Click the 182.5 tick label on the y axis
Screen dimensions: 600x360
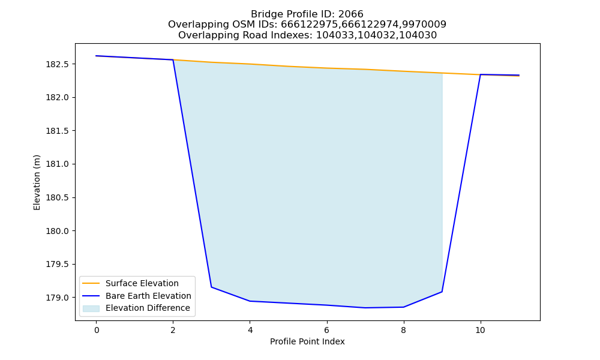click(58, 64)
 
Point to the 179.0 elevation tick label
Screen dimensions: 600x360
click(58, 298)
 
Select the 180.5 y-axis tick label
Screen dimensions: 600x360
click(58, 198)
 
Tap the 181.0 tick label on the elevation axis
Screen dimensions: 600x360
click(58, 164)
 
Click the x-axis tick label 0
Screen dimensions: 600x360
click(97, 330)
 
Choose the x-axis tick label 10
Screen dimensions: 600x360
click(480, 330)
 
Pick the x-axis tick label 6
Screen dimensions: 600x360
click(327, 330)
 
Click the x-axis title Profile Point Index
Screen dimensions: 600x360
click(307, 341)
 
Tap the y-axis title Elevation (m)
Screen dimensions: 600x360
click(37, 182)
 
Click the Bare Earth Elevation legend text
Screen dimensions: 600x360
click(148, 296)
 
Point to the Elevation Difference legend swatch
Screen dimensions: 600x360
click(91, 308)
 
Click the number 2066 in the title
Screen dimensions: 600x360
click(350, 14)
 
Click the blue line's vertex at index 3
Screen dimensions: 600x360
click(212, 287)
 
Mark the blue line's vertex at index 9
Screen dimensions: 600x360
click(442, 292)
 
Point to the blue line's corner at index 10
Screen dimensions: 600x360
click(480, 74)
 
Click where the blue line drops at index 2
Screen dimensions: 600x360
click(173, 59)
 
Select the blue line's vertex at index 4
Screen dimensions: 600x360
click(250, 301)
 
